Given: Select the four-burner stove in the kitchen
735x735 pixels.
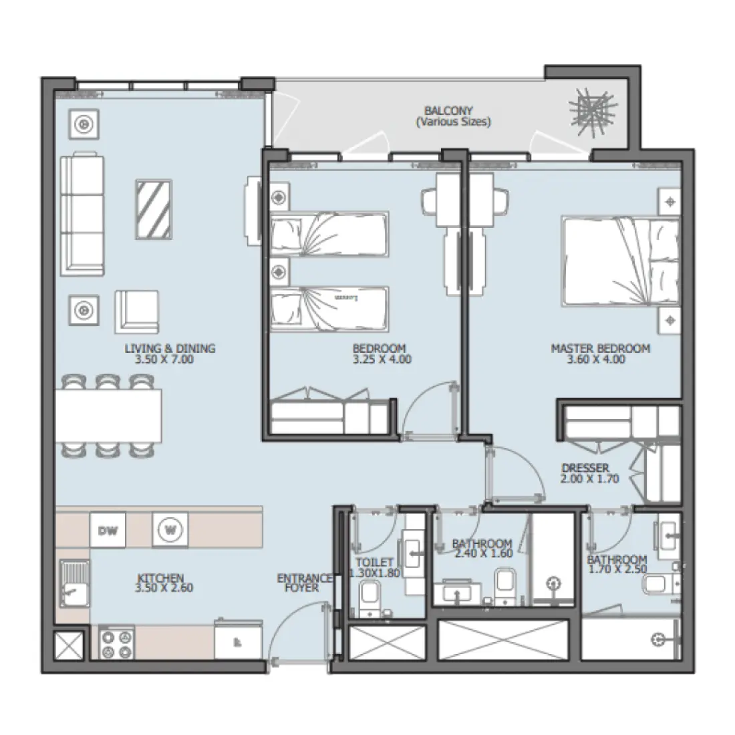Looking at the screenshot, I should click(x=117, y=643).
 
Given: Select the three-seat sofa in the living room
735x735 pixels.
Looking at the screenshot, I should click(x=83, y=214).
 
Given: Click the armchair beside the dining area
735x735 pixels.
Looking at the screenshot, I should click(x=137, y=311).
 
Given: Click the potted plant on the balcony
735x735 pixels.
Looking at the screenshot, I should click(x=590, y=110).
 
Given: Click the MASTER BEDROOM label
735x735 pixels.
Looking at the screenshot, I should click(x=600, y=348).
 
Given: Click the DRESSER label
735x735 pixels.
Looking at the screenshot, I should click(x=585, y=469).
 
